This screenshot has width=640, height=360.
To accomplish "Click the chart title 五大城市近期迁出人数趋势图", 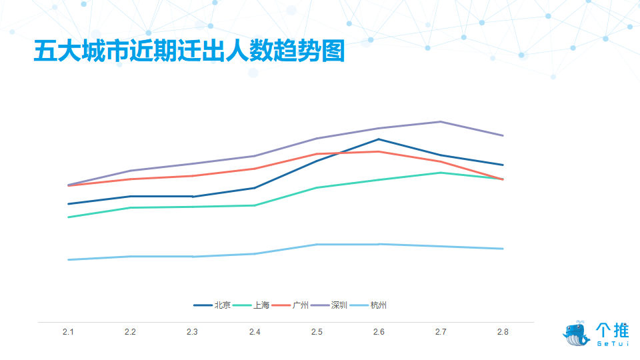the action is pyautogui.click(x=189, y=51).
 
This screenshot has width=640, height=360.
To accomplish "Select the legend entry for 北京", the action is pyautogui.click(x=212, y=305).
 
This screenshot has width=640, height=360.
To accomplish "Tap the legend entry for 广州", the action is pyautogui.click(x=290, y=305).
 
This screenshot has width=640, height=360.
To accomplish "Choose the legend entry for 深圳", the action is pyautogui.click(x=329, y=305).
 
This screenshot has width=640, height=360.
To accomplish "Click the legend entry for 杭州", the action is pyautogui.click(x=368, y=305).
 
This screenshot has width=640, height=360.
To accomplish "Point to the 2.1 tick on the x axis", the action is pyautogui.click(x=68, y=332).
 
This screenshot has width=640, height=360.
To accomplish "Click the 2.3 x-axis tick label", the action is pyautogui.click(x=192, y=332).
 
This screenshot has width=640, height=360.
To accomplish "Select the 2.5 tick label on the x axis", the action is pyautogui.click(x=317, y=332).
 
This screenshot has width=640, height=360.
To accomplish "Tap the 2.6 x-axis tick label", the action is pyautogui.click(x=379, y=332).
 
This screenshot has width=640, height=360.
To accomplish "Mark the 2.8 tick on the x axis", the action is pyautogui.click(x=503, y=332).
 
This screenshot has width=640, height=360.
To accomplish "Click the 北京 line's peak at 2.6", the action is pyautogui.click(x=379, y=139).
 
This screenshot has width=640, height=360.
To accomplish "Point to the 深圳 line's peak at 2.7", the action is pyautogui.click(x=441, y=121).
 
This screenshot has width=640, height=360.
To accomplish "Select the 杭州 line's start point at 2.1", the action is pyautogui.click(x=68, y=259).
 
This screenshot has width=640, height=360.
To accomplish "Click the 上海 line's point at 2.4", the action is pyautogui.click(x=255, y=205).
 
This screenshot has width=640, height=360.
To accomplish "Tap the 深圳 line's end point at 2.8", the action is pyautogui.click(x=503, y=135).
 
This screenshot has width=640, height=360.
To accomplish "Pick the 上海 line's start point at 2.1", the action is pyautogui.click(x=68, y=217).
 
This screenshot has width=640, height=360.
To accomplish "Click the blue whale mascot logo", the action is pyautogui.click(x=576, y=333).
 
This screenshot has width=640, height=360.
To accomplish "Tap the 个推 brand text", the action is pyautogui.click(x=612, y=330).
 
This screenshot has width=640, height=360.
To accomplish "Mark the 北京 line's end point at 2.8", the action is pyautogui.click(x=503, y=165).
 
